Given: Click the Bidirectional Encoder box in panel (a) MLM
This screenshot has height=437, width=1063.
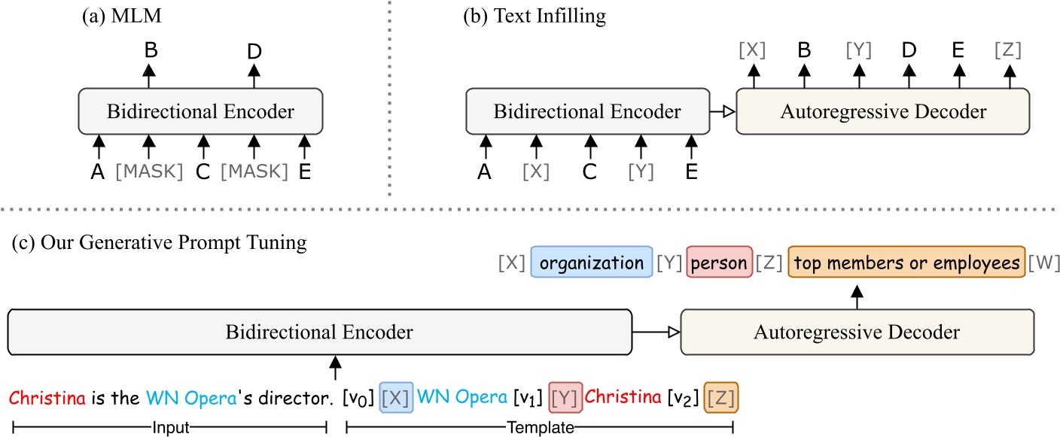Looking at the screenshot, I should [x=200, y=111].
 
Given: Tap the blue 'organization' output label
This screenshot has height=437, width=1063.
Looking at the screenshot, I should [x=591, y=263].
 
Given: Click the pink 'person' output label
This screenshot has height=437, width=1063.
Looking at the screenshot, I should [x=719, y=263].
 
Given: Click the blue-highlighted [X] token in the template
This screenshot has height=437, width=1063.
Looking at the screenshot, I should [x=397, y=396].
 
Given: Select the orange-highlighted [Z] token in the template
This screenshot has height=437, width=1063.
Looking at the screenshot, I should [x=720, y=396].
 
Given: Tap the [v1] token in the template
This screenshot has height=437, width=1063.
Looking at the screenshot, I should [x=527, y=396].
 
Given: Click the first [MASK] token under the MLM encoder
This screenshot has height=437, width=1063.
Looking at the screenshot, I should [x=149, y=171].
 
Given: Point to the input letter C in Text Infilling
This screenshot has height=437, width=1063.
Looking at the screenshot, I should [x=589, y=171].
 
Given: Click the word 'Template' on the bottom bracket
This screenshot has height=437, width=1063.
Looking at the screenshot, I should [x=539, y=427].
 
